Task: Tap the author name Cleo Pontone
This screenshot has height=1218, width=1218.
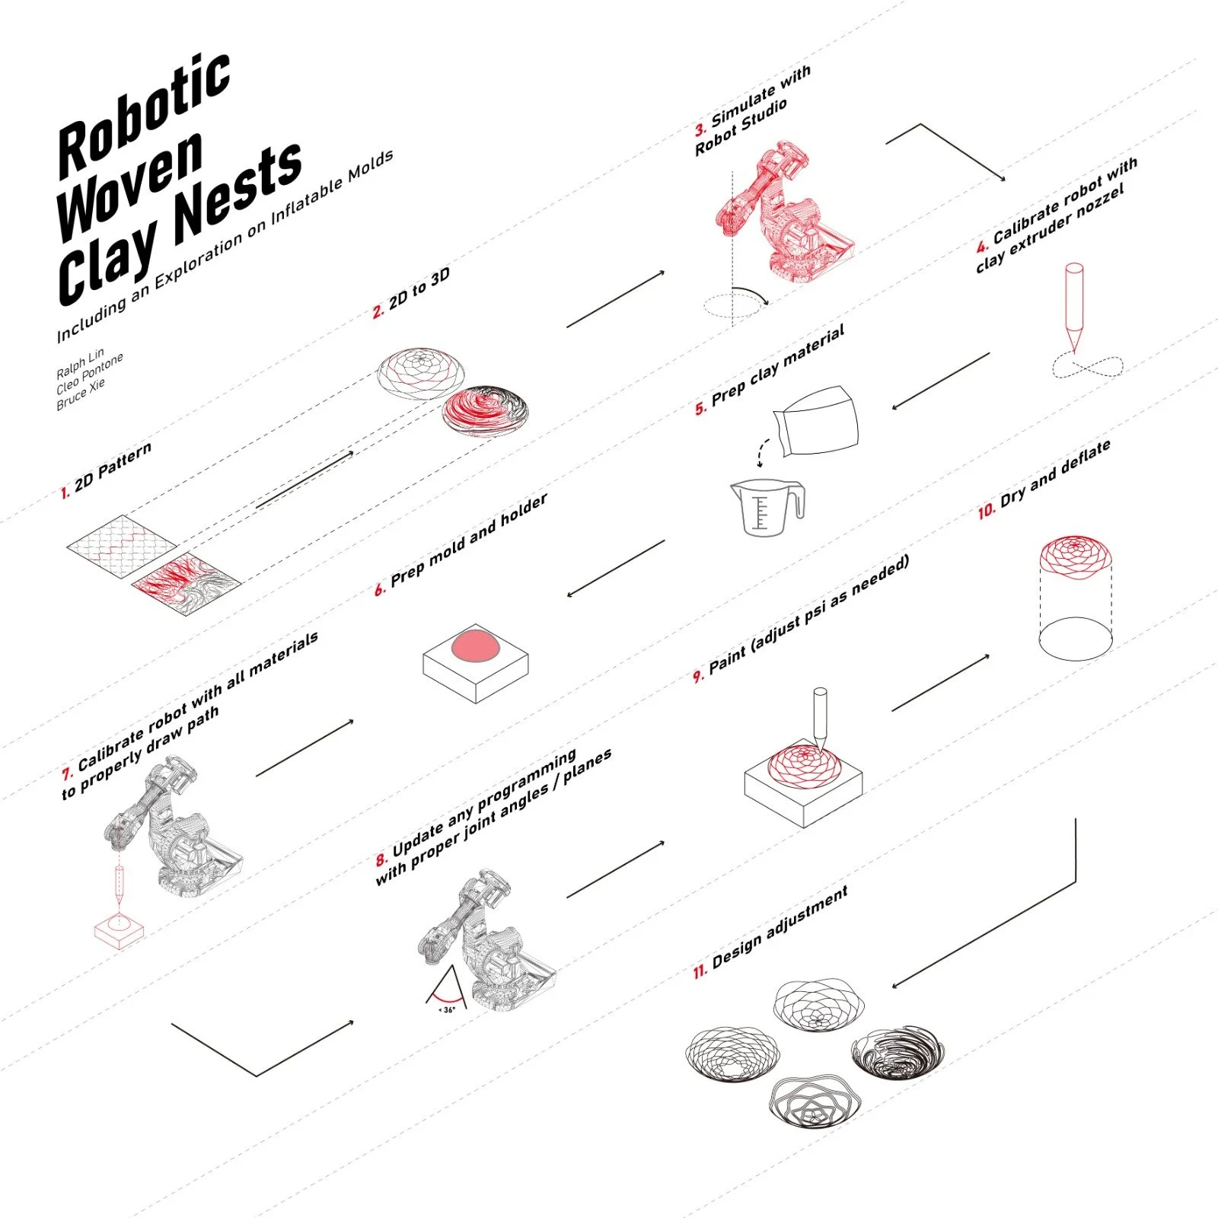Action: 89,374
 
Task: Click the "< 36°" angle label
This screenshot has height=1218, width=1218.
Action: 447,1009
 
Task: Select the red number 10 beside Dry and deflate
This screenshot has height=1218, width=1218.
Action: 986,510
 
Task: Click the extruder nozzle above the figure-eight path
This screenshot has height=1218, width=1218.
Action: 1073,304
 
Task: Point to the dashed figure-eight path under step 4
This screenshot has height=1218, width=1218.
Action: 1086,368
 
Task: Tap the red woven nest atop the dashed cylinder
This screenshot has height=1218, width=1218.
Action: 1075,556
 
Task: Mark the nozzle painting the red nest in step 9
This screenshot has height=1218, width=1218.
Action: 820,716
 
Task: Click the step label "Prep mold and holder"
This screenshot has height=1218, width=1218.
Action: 469,540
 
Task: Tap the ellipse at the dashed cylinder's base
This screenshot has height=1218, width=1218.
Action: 1075,638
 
